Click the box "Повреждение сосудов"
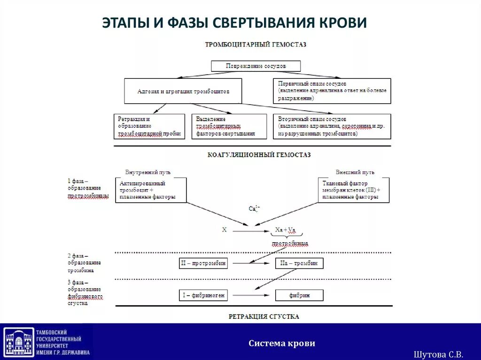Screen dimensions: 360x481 [x=256, y=66]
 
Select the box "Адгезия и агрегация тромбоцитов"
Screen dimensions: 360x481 [x=183, y=91]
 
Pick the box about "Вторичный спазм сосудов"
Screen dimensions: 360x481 [x=332, y=126]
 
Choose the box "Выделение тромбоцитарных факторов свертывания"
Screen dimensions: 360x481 [x=229, y=126]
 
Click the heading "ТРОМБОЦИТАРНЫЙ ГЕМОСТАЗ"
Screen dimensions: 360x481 [x=256, y=45]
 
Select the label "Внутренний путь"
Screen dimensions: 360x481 [x=148, y=172]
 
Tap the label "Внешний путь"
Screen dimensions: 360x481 [x=355, y=172]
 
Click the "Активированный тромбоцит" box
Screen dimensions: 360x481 [x=151, y=190]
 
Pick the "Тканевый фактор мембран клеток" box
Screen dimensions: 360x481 [x=354, y=190]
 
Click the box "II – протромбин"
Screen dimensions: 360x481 [x=203, y=263]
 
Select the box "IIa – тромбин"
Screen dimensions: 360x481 [x=299, y=263]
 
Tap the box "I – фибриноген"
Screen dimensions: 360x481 [x=203, y=295]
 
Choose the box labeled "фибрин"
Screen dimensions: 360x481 [x=299, y=295]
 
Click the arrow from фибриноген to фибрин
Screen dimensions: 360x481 [x=251, y=295]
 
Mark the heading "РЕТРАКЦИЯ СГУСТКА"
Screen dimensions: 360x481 [x=264, y=316]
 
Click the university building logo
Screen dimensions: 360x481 [x=19, y=342]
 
